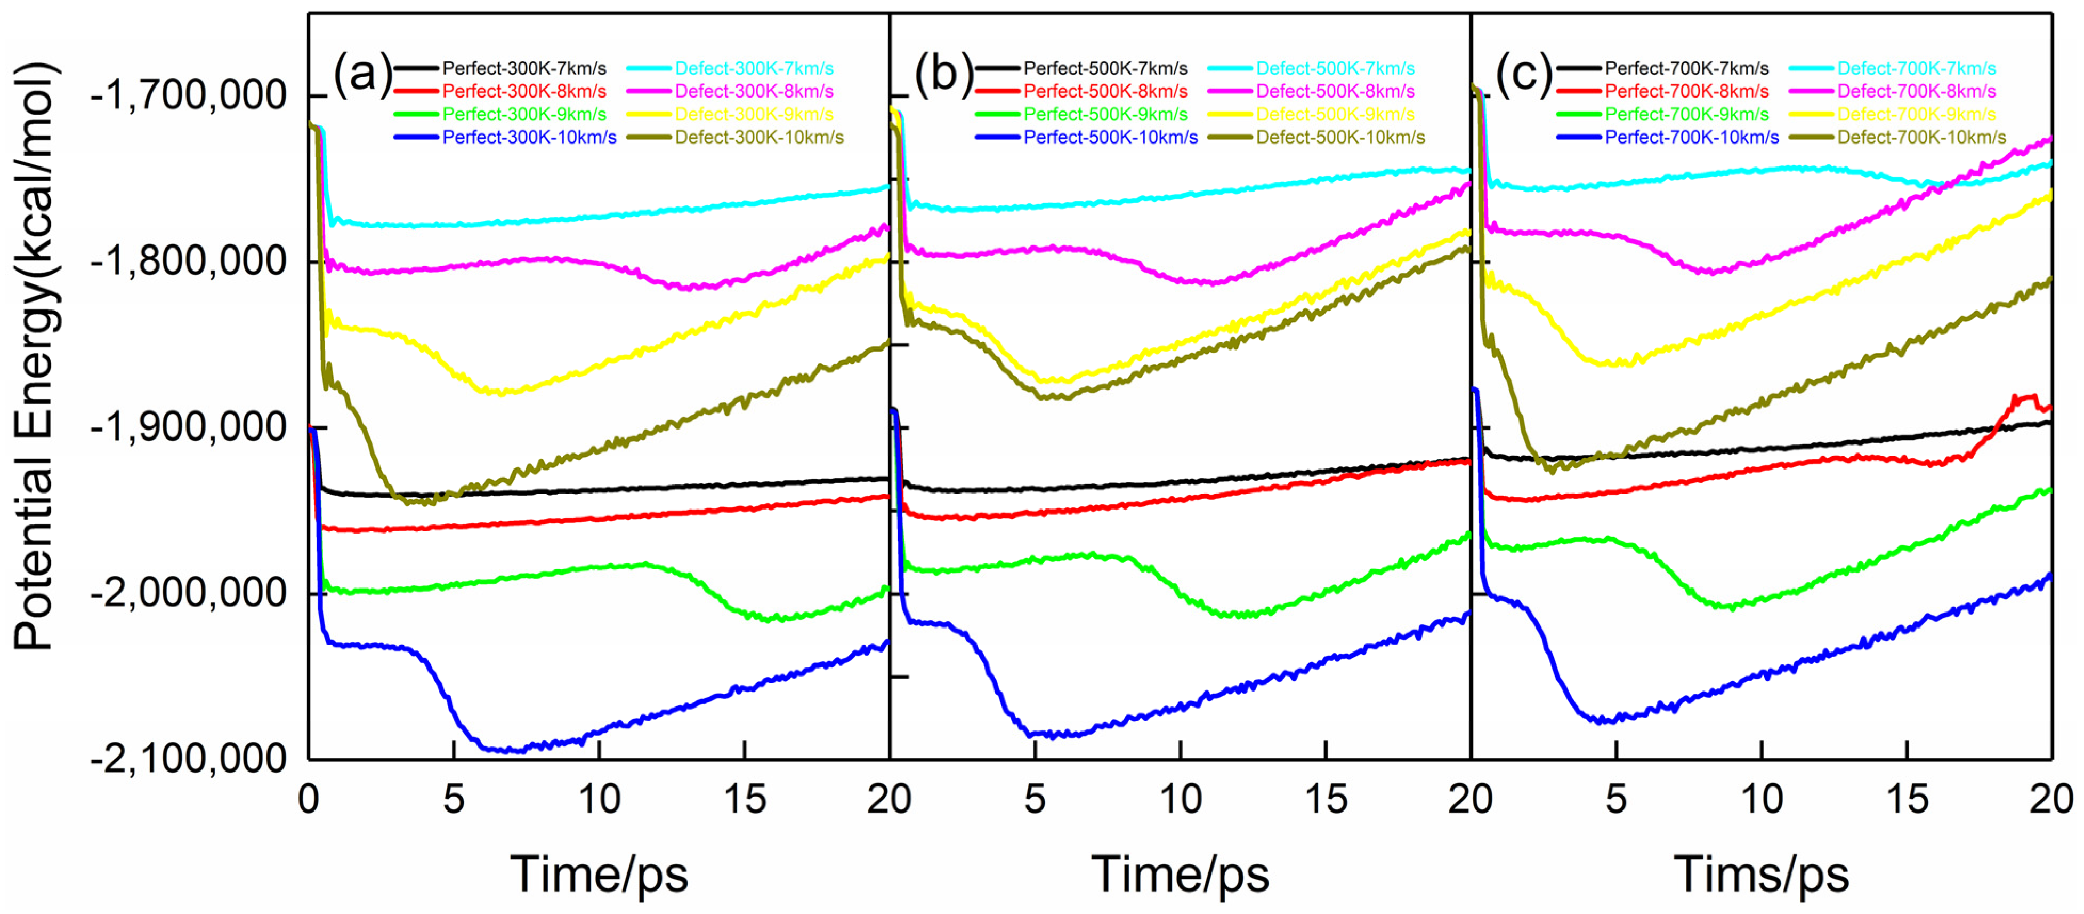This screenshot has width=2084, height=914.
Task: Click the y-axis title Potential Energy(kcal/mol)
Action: [x=34, y=356]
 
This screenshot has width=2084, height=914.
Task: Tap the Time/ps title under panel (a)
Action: [x=599, y=875]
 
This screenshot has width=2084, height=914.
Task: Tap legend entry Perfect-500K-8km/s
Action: [x=1105, y=91]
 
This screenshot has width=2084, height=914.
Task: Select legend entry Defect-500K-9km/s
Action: [x=1335, y=114]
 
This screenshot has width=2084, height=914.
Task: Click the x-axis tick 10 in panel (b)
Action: [x=1181, y=800]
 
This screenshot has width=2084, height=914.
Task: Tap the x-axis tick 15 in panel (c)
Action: [x=1907, y=800]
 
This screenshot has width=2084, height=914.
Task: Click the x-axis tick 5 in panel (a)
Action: [x=454, y=800]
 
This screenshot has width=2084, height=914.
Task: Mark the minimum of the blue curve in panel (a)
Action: [x=506, y=751]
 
